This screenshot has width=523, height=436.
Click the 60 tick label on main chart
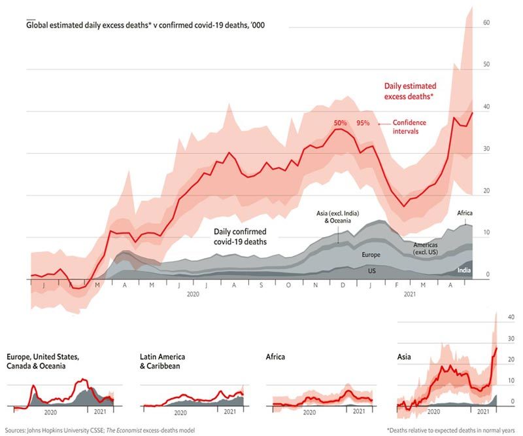pos(486,22)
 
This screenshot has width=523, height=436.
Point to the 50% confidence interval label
pos(341,122)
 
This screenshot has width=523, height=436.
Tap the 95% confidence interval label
pos(363,122)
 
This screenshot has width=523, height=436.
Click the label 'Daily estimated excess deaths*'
pos(410,91)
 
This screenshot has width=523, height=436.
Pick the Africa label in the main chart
pos(464,213)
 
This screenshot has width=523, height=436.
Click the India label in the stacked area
pos(463,270)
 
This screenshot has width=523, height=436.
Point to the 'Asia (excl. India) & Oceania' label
pos(337,217)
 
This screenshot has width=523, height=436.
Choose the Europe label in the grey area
pos(371,254)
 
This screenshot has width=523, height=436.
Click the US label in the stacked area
pos(372,270)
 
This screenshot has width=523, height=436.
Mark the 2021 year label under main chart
pos(409,295)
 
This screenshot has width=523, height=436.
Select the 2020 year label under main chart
pos(193,295)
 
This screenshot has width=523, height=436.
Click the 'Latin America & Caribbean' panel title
pos(162,361)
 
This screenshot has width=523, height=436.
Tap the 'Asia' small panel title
pos(404,357)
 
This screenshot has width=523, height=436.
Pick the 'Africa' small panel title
pos(276,357)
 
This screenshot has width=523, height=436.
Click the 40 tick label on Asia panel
pos(512,317)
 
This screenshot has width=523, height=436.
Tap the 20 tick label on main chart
pos(486,191)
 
